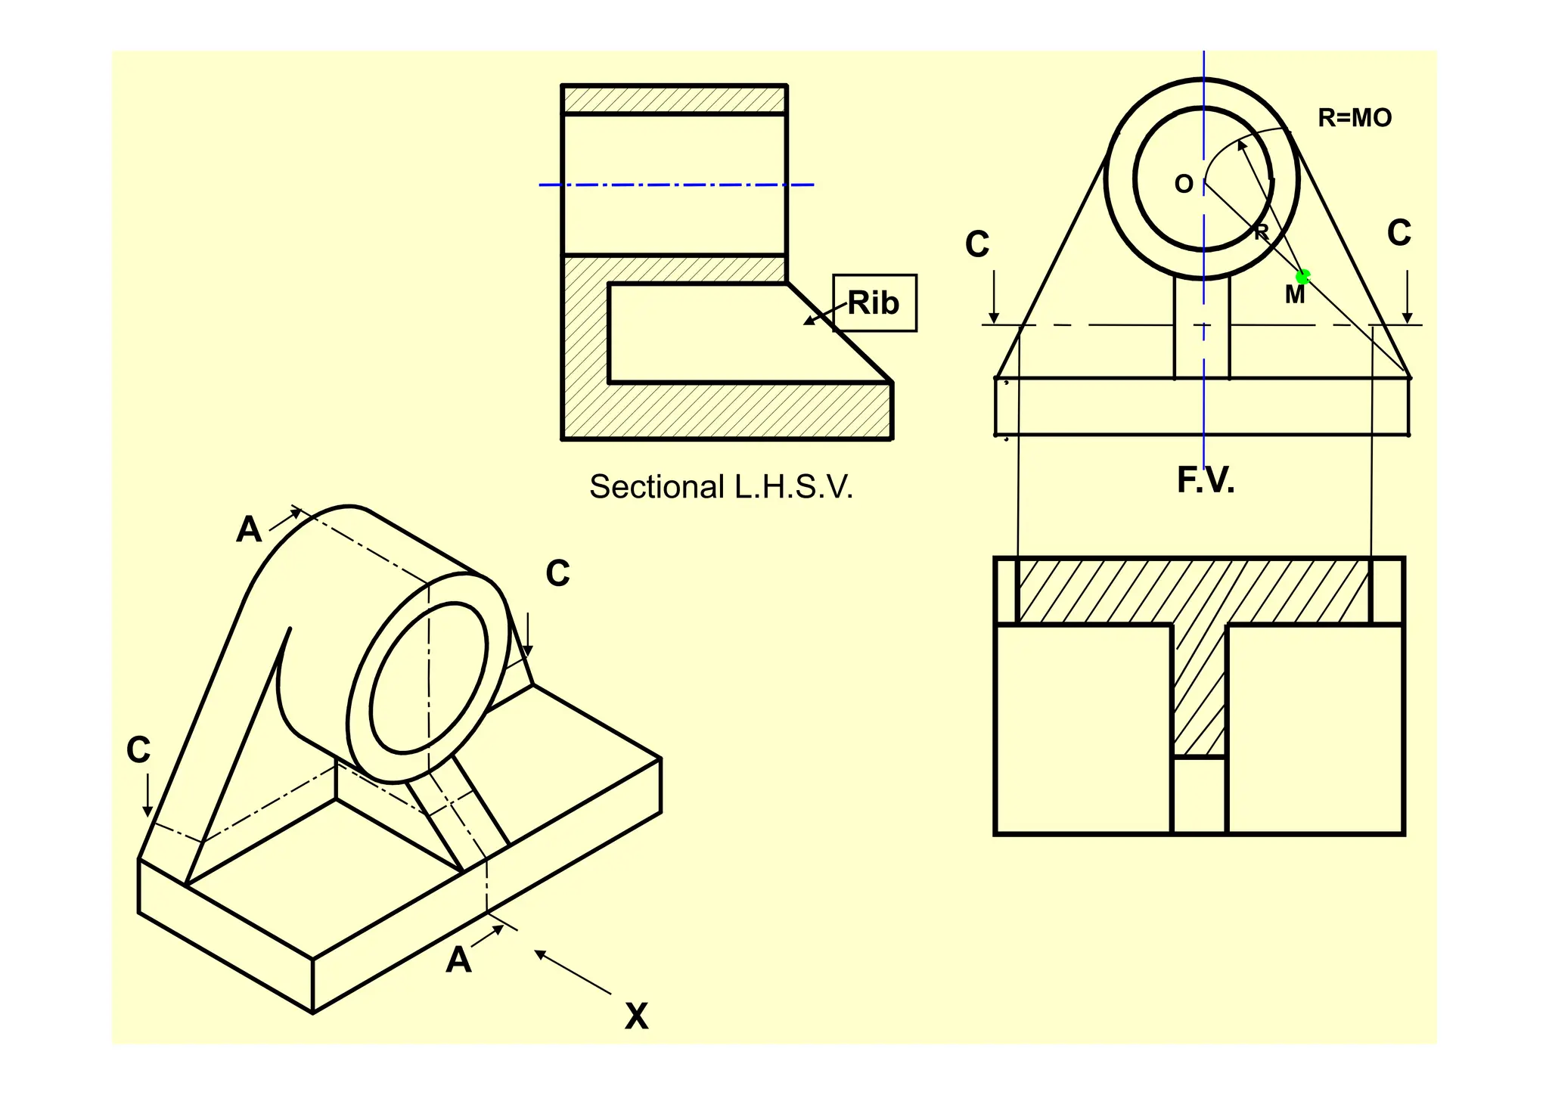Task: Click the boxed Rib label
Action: [x=874, y=303]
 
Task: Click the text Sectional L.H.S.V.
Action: [x=721, y=487]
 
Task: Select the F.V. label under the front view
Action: [x=1206, y=480]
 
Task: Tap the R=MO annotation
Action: [x=1355, y=118]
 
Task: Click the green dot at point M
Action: [x=1302, y=278]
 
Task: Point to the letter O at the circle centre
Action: [x=1184, y=185]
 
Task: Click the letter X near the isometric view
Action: [x=636, y=1017]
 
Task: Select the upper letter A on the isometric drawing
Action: [x=249, y=529]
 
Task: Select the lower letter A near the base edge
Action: [x=458, y=960]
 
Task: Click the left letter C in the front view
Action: [x=977, y=244]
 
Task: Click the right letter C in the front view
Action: [x=1399, y=233]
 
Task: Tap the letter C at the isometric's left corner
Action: [x=138, y=750]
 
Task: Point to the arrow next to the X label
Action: [x=573, y=972]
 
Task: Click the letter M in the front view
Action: [x=1294, y=295]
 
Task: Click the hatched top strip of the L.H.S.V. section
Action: [x=673, y=100]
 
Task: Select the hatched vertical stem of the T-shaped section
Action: [x=1199, y=688]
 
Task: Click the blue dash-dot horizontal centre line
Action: [x=675, y=185]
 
